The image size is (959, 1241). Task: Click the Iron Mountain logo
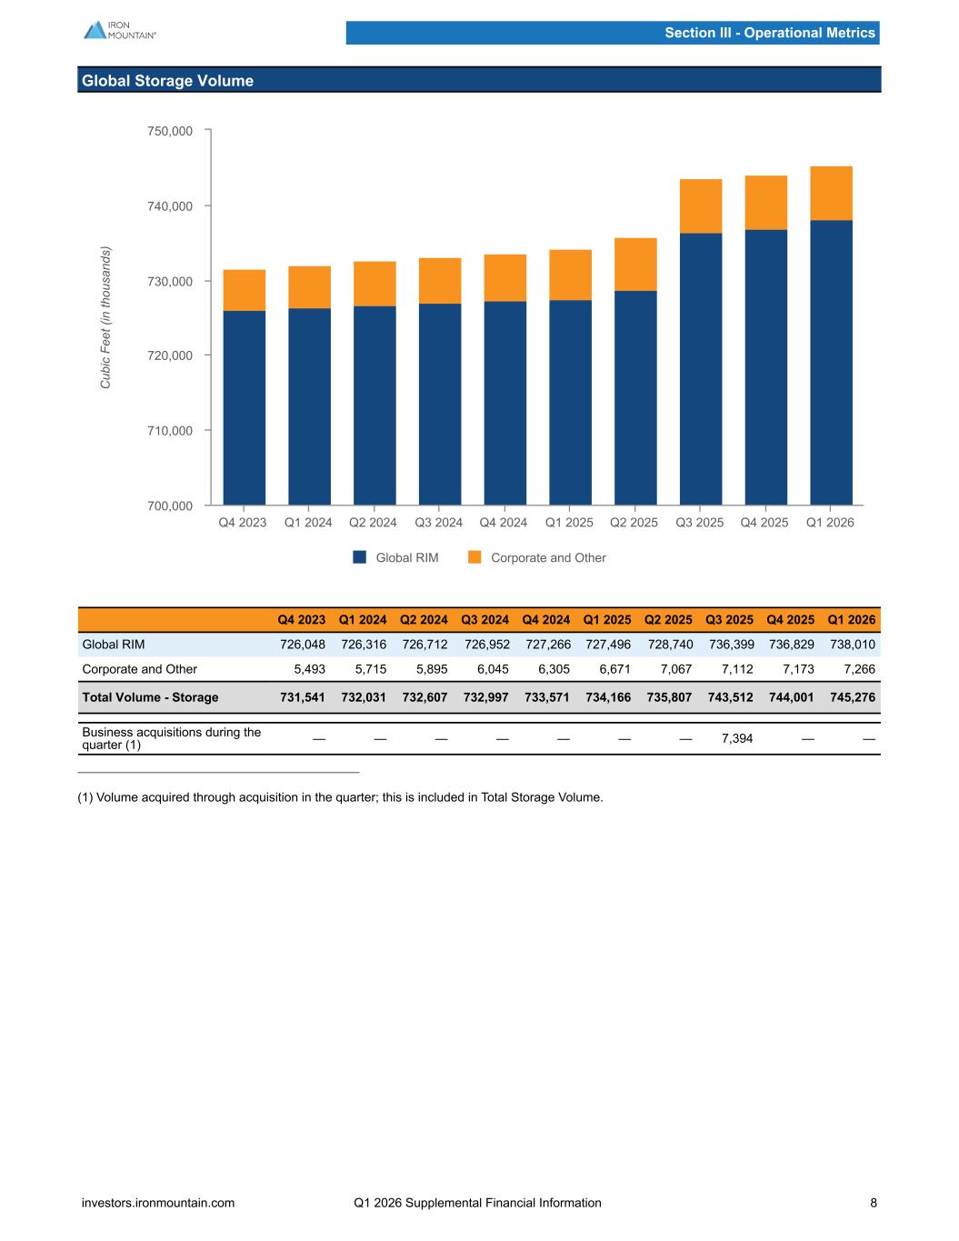120,30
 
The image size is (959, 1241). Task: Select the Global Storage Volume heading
167,81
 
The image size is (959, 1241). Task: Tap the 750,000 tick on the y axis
170,131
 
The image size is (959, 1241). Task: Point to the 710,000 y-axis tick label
170,431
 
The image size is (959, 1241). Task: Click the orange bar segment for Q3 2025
701,206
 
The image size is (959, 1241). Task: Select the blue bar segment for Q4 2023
245,408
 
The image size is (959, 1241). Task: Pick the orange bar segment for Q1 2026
831,194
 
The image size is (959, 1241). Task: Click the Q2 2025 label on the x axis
634,523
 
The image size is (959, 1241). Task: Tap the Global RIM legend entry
395,557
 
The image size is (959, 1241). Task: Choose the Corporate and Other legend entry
536,557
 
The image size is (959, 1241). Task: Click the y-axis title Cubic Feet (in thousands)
105,317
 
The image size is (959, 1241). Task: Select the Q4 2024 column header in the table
545,620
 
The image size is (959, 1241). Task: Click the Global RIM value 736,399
731,645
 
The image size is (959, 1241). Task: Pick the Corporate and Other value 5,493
309,669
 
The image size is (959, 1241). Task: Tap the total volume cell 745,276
853,697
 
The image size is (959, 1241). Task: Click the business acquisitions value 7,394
737,738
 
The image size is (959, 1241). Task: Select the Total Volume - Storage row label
150,697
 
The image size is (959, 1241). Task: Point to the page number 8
874,1203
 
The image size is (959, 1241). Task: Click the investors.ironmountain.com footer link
158,1203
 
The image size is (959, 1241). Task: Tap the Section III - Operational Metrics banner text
770,33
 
